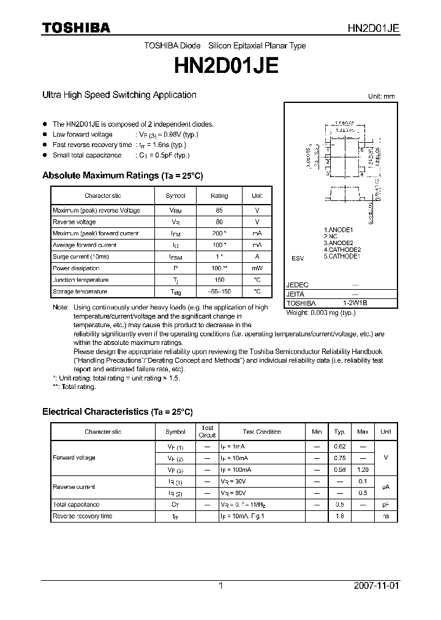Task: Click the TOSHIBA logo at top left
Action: pyautogui.click(x=76, y=28)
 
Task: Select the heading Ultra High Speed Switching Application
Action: pyautogui.click(x=119, y=95)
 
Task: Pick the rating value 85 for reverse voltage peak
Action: pyautogui.click(x=219, y=210)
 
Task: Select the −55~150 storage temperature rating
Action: pyautogui.click(x=219, y=292)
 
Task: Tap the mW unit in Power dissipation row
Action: pyautogui.click(x=257, y=268)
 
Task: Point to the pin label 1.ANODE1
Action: pyautogui.click(x=339, y=230)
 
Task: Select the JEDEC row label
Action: pyautogui.click(x=298, y=285)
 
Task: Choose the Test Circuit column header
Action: pyautogui.click(x=207, y=431)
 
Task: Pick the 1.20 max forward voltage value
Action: pyautogui.click(x=363, y=469)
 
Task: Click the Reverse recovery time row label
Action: pyautogui.click(x=83, y=516)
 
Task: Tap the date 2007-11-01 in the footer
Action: pyautogui.click(x=376, y=586)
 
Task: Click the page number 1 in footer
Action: pyautogui.click(x=221, y=586)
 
